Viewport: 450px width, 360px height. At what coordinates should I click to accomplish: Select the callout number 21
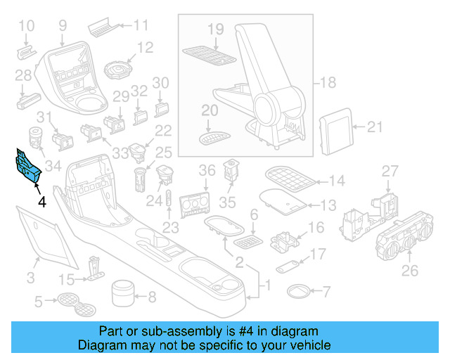(375, 127)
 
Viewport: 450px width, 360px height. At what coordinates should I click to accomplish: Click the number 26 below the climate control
(409, 269)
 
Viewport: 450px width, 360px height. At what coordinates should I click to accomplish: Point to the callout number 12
(145, 48)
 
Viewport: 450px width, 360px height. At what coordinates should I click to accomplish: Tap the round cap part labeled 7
(298, 290)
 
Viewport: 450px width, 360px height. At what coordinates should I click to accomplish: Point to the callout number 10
(26, 27)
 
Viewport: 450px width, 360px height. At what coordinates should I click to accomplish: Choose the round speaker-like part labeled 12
(117, 70)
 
